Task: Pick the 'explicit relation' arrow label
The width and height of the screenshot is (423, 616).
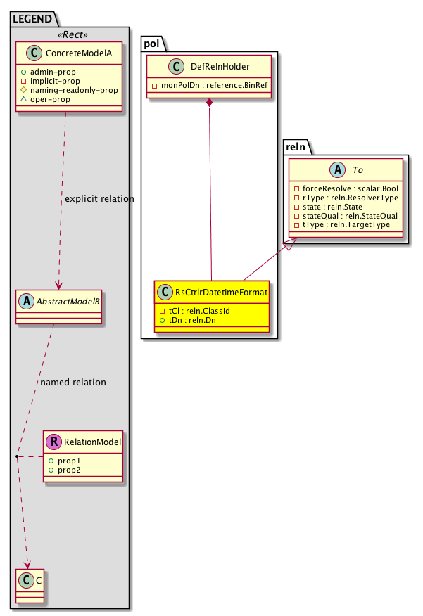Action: tap(99, 199)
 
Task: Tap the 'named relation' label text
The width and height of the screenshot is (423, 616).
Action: tap(73, 383)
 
